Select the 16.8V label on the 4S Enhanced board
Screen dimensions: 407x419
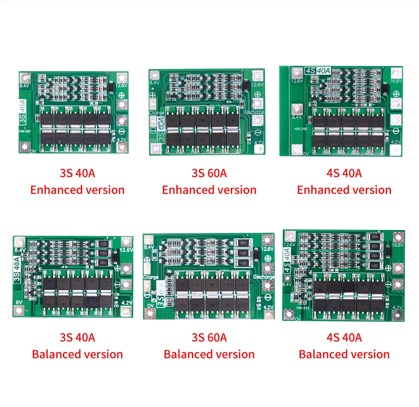pyautogui.click(x=396, y=80)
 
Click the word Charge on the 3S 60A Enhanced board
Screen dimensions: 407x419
pyautogui.click(x=156, y=113)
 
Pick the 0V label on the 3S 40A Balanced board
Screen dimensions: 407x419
pyautogui.click(x=19, y=302)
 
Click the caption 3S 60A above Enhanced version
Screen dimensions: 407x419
pyautogui.click(x=209, y=173)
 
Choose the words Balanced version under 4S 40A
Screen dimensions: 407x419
pyautogui.click(x=344, y=354)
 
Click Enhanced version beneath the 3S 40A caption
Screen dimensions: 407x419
pyautogui.click(x=78, y=190)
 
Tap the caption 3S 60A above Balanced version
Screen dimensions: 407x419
pyautogui.click(x=209, y=337)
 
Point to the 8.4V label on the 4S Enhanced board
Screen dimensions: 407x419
pyautogui.click(x=297, y=117)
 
